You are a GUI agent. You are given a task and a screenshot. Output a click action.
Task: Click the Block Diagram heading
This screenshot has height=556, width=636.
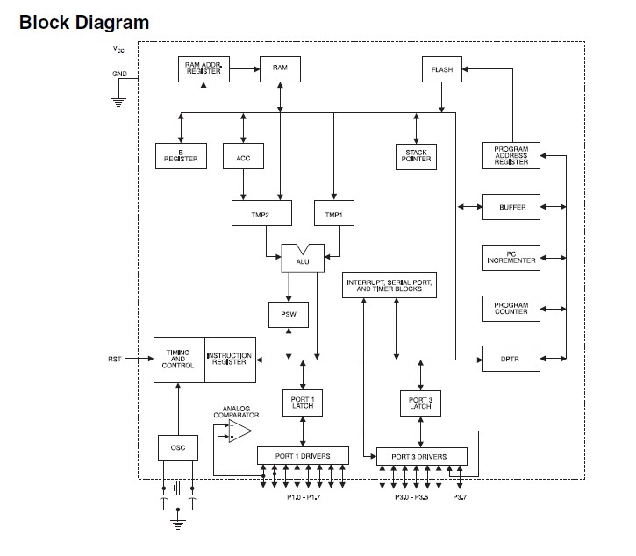point(84,23)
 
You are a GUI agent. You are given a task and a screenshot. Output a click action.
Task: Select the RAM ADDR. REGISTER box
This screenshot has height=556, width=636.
point(204,68)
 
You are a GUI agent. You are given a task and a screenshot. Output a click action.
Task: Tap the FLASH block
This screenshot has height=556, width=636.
point(441,69)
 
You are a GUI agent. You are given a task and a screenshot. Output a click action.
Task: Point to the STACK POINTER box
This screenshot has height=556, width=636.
point(415,155)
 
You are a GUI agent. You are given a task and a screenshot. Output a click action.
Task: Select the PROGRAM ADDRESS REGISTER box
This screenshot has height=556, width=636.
point(511,155)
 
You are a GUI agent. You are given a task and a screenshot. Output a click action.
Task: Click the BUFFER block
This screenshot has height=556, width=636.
point(511,208)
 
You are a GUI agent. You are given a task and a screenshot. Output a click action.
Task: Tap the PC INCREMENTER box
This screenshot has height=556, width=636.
point(511,258)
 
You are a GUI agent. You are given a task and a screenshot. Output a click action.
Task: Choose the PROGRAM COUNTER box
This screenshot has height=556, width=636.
point(511,309)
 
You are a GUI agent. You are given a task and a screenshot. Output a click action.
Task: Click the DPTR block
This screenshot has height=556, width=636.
point(511,358)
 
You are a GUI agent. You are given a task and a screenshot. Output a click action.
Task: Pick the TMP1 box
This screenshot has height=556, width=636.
point(334,214)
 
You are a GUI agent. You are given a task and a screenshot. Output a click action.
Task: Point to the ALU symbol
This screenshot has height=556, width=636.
point(303,257)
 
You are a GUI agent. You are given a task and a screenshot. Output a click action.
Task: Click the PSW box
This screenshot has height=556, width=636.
point(287,313)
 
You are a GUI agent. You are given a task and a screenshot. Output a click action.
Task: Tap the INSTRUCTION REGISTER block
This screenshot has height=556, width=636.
point(231,359)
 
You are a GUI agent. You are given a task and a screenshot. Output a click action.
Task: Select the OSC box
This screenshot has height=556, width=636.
point(178,448)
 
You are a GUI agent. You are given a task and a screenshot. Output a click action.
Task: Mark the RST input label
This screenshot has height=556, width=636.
point(115,359)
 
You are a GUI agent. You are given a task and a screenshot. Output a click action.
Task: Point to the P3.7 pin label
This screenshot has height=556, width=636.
point(461,497)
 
